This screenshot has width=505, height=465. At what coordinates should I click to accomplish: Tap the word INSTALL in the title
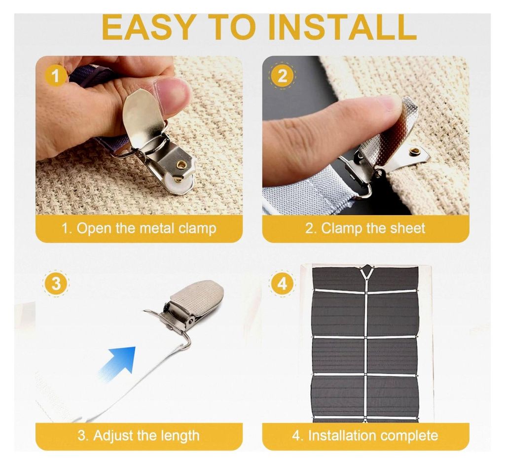342,28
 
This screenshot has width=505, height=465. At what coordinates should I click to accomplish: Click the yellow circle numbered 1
56,76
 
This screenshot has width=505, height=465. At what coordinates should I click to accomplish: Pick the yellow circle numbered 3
56,284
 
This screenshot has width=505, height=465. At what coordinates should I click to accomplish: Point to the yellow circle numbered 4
282,284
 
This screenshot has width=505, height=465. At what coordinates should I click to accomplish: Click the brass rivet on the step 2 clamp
413,150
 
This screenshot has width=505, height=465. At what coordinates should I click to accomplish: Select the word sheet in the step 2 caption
407,228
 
